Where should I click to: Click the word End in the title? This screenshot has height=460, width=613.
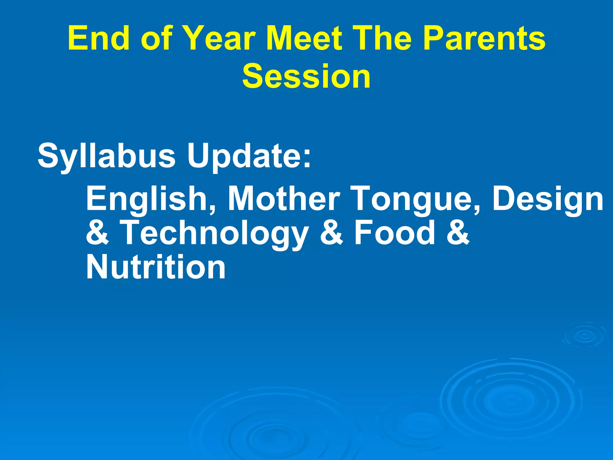coord(99,38)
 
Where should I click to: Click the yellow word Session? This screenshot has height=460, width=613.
coord(306,76)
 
